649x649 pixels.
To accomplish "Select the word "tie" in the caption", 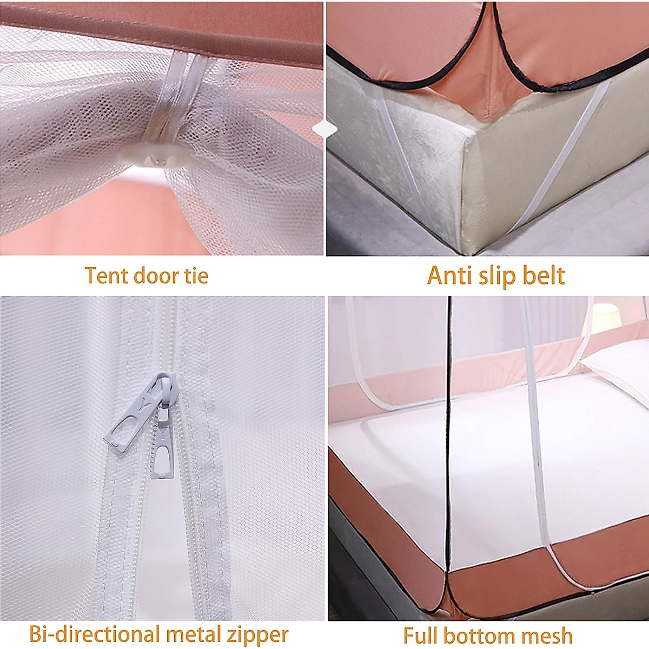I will click(195, 276).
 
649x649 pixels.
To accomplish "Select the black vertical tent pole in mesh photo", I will click(448, 433).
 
